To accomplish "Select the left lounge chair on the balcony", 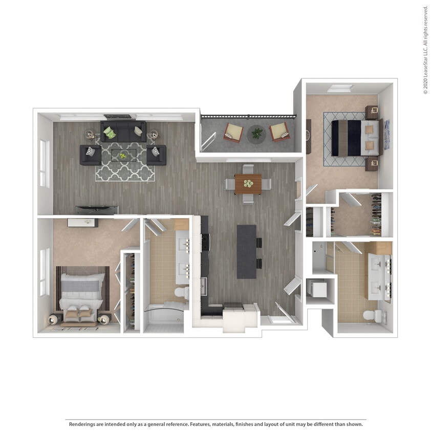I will [234, 133].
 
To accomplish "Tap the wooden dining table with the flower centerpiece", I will [248, 183].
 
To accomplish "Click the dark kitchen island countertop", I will [246, 251].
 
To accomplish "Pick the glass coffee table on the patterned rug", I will [123, 155].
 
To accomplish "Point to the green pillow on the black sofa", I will [109, 133].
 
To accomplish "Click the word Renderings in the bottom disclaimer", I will [83, 424].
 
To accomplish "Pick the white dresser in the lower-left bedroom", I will [82, 222].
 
